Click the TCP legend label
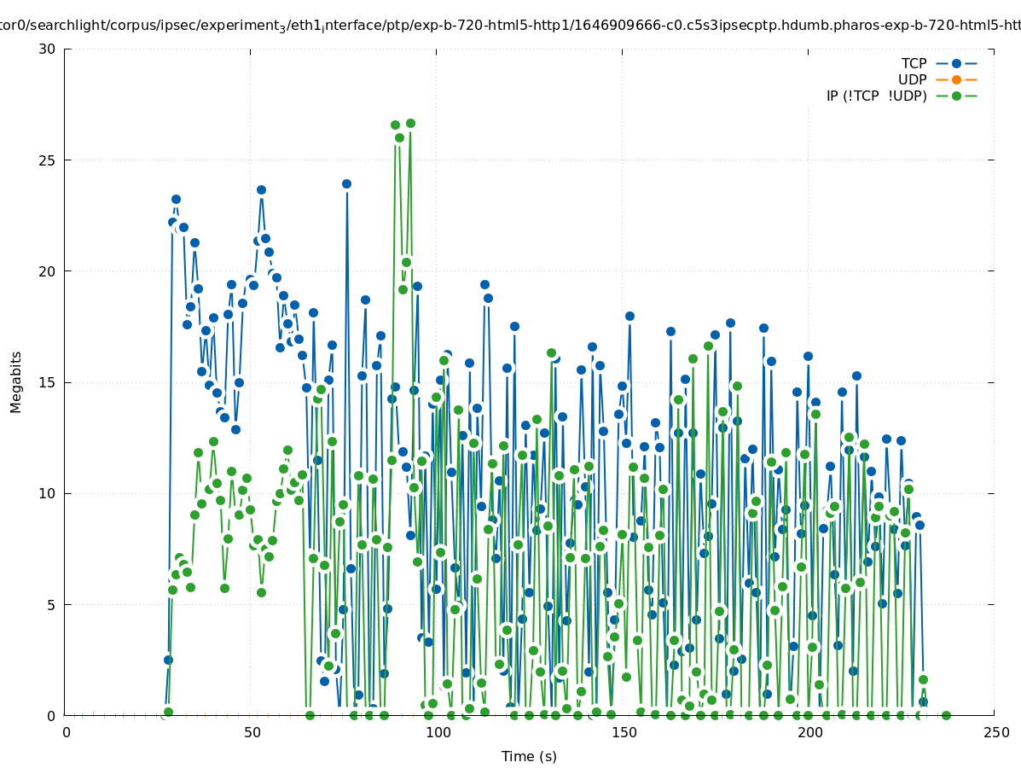tap(914, 64)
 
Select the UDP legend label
tap(912, 80)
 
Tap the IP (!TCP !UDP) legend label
tap(876, 96)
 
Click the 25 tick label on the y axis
tap(47, 160)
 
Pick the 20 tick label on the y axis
tap(47, 271)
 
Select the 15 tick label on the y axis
tap(47, 382)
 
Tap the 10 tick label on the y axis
tap(47, 493)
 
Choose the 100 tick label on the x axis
tap(438, 732)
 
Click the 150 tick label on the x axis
tap(624, 732)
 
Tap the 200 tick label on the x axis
tap(809, 732)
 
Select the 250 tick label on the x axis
tap(995, 732)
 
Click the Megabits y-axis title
tap(16, 381)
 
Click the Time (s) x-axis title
tap(529, 756)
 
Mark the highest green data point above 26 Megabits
tap(410, 124)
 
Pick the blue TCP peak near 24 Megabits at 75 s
tap(346, 183)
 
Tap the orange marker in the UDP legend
tap(956, 80)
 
